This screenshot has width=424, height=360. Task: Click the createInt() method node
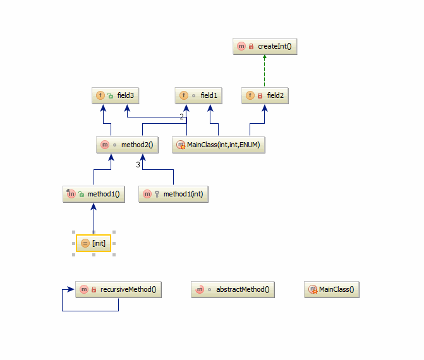(x=265, y=46)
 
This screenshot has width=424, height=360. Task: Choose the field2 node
(x=265, y=95)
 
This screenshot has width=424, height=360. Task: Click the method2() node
(x=127, y=145)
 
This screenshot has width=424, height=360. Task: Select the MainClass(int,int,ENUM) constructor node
(x=219, y=145)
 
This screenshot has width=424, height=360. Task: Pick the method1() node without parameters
(x=94, y=194)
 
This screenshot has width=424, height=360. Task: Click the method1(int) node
(x=173, y=194)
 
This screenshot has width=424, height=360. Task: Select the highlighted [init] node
(x=94, y=243)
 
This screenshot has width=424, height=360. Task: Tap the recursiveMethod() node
(x=118, y=290)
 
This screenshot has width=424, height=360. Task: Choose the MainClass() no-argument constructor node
(x=332, y=290)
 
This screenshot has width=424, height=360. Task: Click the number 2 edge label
(x=182, y=117)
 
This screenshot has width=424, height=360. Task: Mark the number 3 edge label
(x=138, y=165)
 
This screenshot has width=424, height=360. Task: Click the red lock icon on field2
(x=259, y=96)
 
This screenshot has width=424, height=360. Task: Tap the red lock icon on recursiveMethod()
(x=94, y=290)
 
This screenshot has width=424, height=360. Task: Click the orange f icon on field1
(x=184, y=95)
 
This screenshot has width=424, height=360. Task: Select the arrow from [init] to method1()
(x=94, y=219)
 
